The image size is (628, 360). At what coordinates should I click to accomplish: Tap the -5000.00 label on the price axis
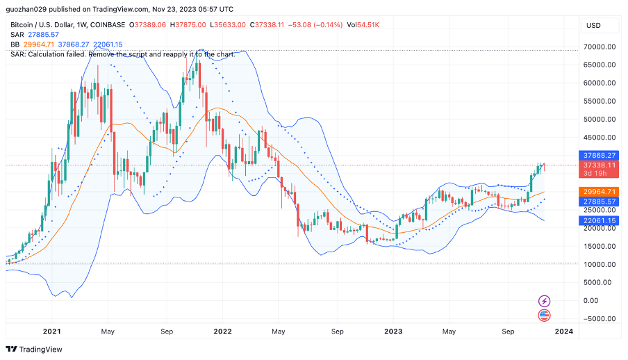point(597,319)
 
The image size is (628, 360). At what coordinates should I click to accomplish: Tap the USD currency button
point(593,25)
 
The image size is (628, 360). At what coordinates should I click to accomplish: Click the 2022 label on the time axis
point(222,332)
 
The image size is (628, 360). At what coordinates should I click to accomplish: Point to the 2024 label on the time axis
point(563,332)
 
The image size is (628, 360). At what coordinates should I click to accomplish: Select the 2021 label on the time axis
point(52,332)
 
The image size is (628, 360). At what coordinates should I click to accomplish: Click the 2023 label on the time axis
point(393,332)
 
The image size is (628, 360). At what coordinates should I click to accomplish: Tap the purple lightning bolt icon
point(545,301)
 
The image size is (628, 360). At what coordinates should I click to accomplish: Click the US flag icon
point(545,316)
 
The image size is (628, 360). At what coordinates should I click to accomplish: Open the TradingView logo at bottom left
point(34,349)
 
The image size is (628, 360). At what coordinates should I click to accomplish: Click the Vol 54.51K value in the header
point(363,24)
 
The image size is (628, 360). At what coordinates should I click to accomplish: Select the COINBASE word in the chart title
point(108,24)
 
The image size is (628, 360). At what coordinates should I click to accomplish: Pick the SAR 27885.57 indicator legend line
point(35,34)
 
